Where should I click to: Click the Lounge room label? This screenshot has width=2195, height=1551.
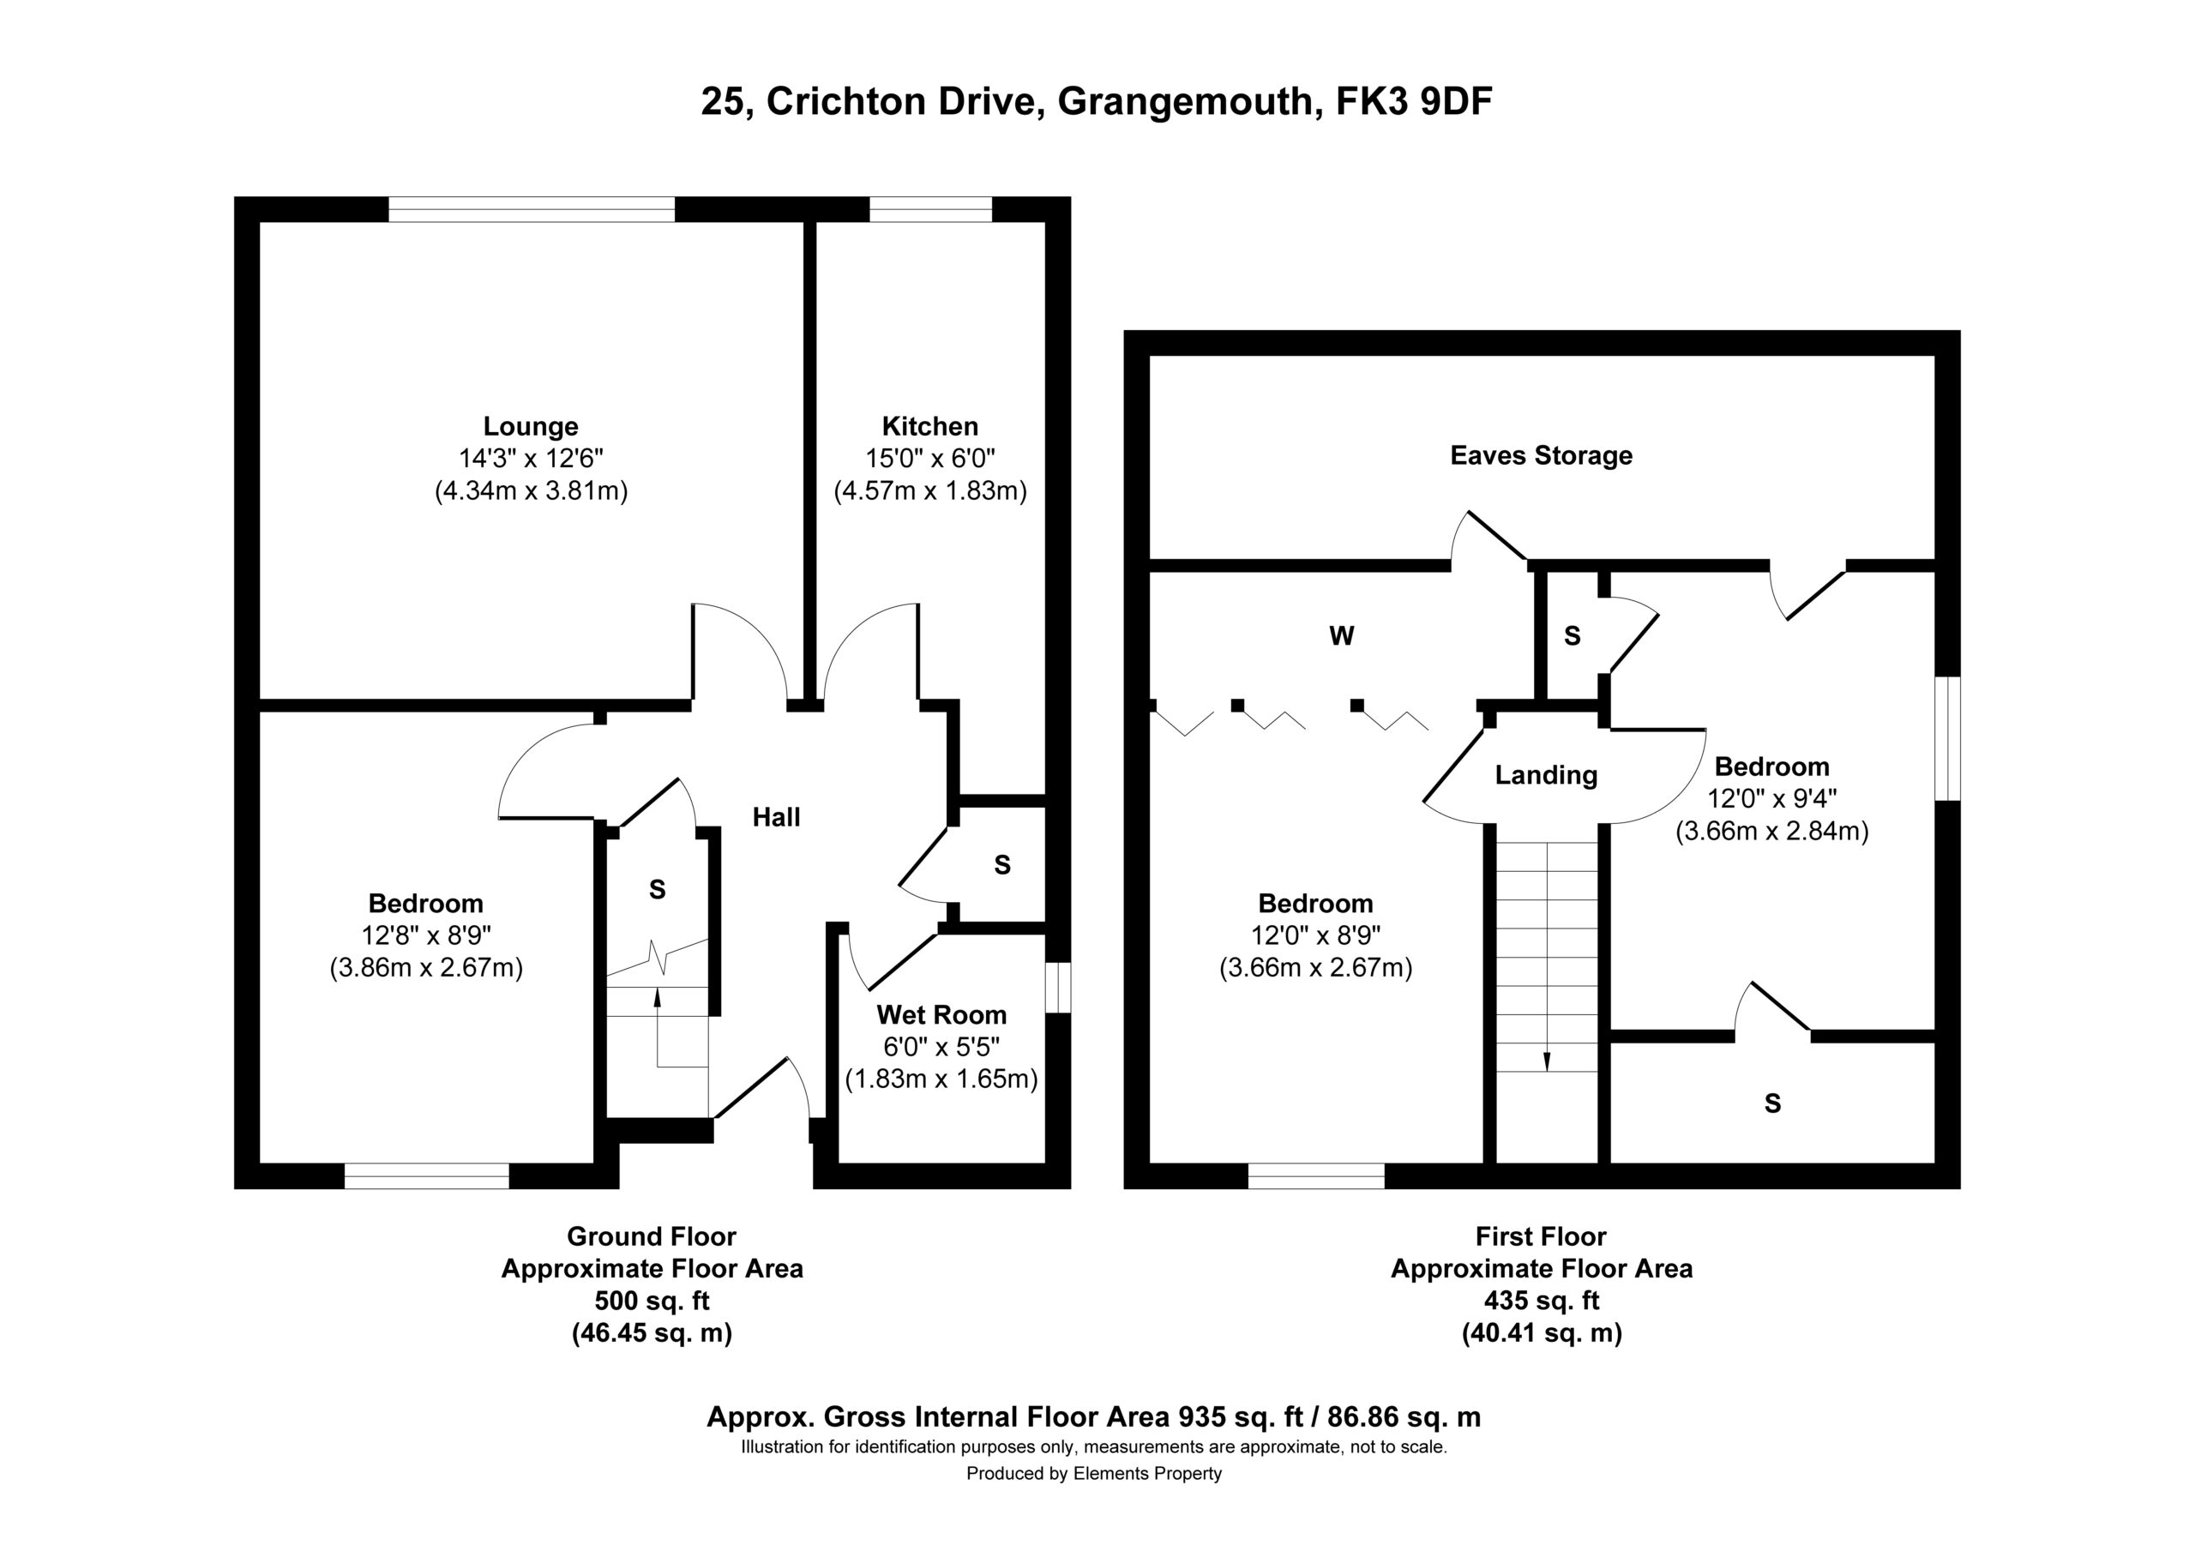[x=531, y=426]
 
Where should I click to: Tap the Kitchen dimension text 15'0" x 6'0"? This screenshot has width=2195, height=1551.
[x=930, y=459]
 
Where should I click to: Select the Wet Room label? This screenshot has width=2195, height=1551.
[x=941, y=1014]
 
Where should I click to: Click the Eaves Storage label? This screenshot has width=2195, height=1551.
[x=1541, y=455]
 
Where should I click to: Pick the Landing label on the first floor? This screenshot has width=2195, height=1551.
[x=1546, y=774]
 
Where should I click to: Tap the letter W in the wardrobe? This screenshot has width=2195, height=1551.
[x=1341, y=636]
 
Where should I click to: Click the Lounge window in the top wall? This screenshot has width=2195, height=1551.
[x=532, y=208]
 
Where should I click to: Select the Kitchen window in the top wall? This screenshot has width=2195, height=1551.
[x=930, y=208]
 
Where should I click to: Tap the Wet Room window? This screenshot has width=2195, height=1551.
[x=1058, y=988]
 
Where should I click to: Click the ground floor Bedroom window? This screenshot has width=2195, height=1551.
[x=426, y=1176]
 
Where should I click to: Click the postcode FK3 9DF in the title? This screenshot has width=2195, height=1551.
[x=1413, y=101]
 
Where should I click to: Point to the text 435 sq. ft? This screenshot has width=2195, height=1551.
[x=1541, y=1301]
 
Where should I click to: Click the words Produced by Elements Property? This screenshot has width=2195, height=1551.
[x=1094, y=1474]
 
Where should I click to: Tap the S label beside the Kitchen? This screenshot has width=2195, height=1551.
[x=1002, y=865]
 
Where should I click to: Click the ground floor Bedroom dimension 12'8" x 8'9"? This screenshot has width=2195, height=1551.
[x=426, y=935]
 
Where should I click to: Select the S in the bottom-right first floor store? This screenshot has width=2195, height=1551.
[x=1772, y=1103]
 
